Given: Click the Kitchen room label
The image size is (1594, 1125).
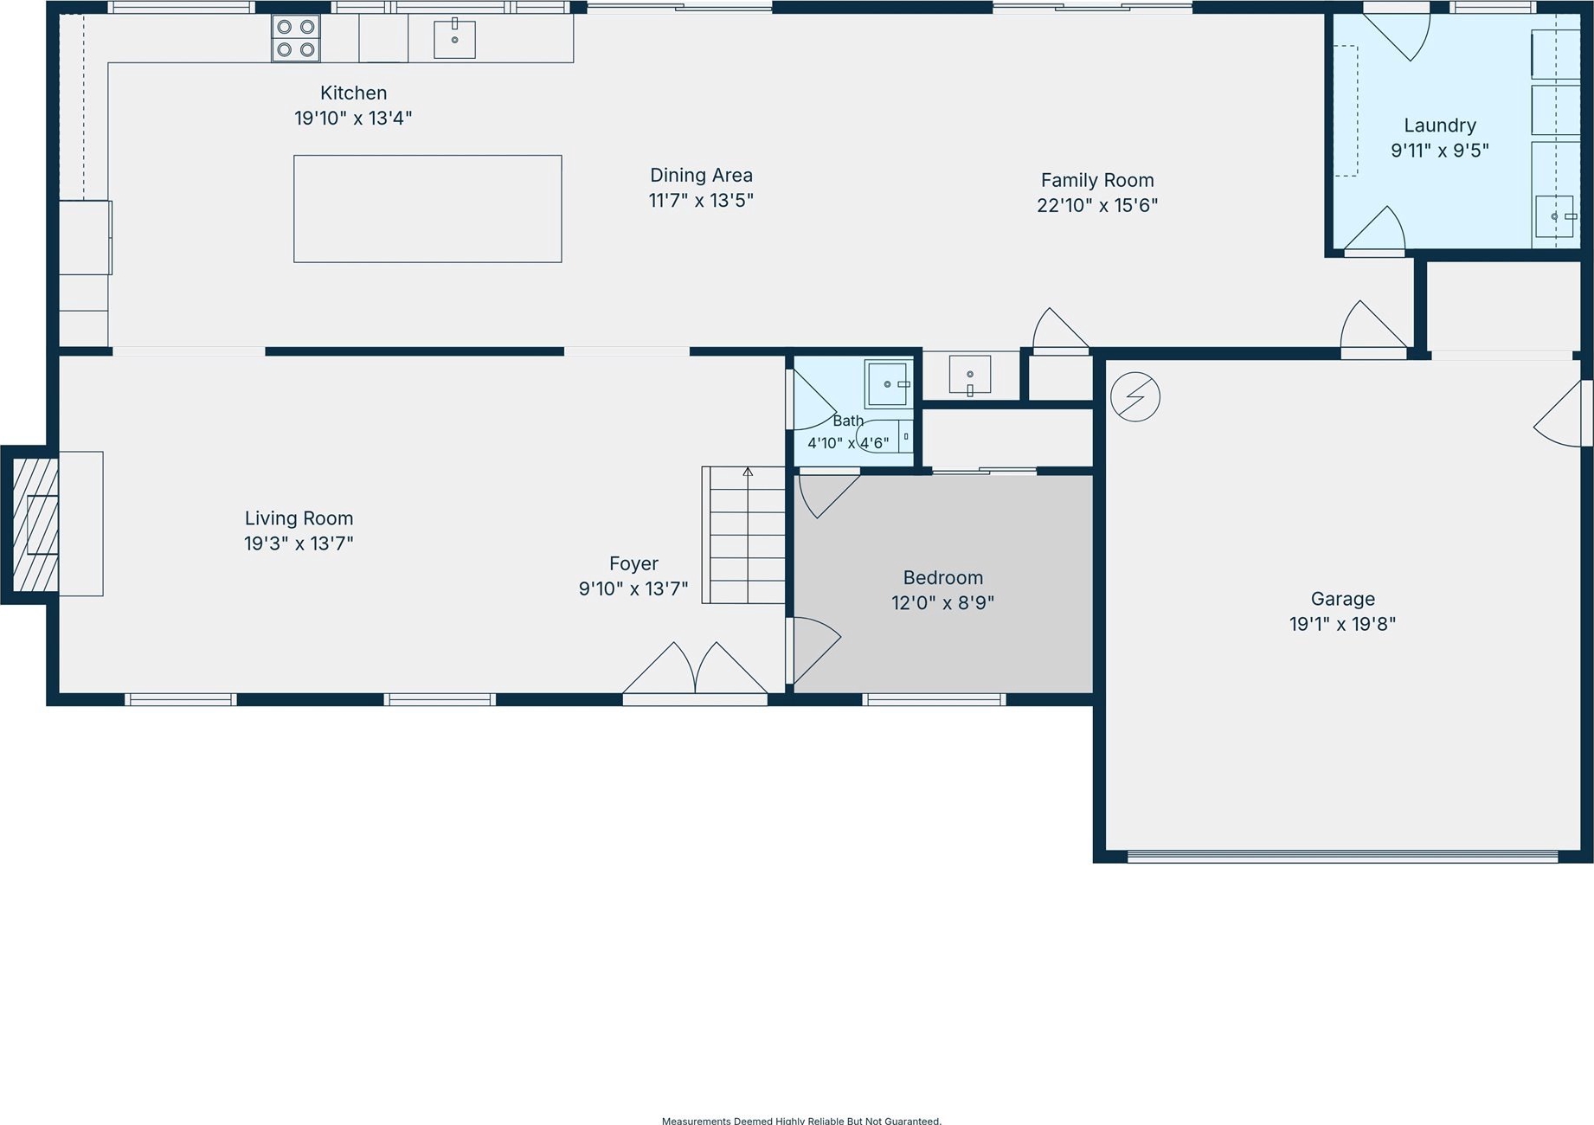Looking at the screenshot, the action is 353,93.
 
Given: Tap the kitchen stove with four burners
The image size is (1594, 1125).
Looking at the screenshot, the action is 296,38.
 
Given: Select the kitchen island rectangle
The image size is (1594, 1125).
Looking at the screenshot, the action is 427,209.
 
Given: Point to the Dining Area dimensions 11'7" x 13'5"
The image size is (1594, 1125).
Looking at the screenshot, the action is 701,201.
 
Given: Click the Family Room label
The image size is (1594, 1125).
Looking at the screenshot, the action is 1097,180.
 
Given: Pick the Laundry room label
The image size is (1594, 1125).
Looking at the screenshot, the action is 1440,125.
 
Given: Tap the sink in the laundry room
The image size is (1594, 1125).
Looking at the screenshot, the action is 1555,216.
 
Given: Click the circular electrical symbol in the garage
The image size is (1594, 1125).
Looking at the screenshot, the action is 1135,397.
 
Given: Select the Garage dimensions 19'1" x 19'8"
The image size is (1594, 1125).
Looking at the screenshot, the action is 1342,624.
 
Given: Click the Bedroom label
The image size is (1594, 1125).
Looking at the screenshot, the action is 942,577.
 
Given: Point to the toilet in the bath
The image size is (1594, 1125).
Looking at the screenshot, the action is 884,437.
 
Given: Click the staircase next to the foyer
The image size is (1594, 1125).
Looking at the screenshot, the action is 743,535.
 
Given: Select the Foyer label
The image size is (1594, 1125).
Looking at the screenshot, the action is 633,563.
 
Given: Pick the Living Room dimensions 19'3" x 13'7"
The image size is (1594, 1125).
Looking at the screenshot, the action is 299,543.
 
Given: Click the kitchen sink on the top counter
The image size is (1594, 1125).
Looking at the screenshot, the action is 454,38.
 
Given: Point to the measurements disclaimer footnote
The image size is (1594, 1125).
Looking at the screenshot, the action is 801,1121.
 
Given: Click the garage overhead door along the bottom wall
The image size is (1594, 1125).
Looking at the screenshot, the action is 1343,857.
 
